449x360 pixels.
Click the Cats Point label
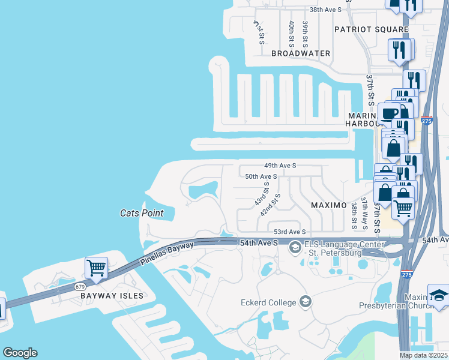coord(142,213)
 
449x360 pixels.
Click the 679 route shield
coord(81,287)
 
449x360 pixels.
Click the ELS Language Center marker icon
coord(295,247)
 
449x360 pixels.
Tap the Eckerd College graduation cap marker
coord(306,301)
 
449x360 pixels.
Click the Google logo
coord(20,353)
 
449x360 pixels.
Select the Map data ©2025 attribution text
coord(424,355)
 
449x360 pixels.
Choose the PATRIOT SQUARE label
coord(371,29)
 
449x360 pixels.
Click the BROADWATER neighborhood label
coord(301,53)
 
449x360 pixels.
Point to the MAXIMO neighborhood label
coord(328,205)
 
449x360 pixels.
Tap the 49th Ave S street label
coord(280,166)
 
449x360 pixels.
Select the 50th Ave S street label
coord(261,177)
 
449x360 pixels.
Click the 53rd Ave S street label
coord(290,232)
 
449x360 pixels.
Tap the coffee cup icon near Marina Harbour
coord(389,112)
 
